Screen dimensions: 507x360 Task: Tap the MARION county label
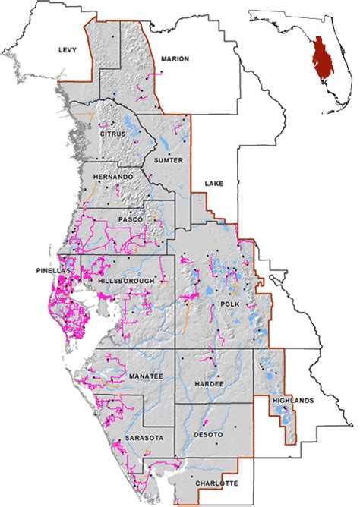click(175, 58)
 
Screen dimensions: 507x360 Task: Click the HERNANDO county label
click(112, 177)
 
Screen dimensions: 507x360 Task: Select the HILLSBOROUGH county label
click(127, 281)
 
